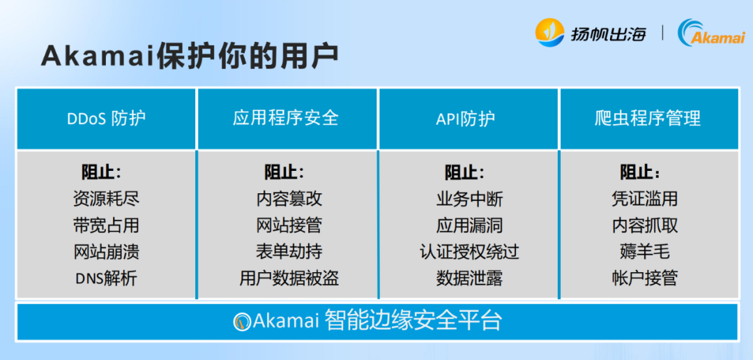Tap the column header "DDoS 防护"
(106, 118)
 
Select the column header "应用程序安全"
(287, 118)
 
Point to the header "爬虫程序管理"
(648, 118)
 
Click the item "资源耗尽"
(106, 199)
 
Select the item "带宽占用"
(106, 225)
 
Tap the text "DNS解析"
(106, 278)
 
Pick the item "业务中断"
(469, 199)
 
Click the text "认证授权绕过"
(469, 252)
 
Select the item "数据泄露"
(469, 278)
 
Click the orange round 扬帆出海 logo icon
(549, 33)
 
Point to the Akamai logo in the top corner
(711, 33)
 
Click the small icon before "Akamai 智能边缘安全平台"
(242, 321)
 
